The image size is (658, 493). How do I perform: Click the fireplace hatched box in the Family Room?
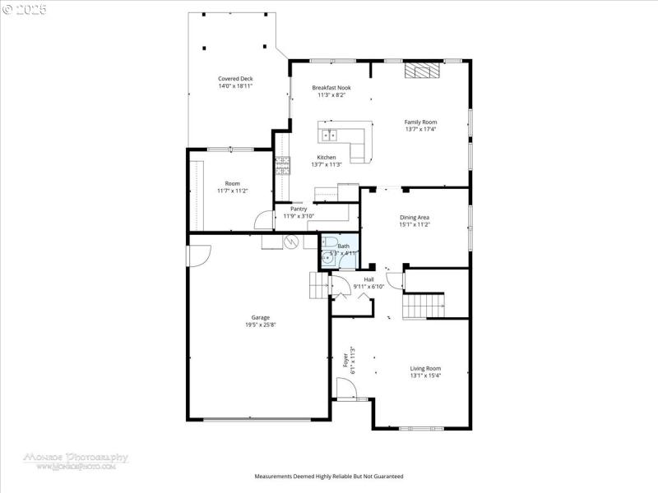point(421,71)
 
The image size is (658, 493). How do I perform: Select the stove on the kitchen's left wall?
point(283,165)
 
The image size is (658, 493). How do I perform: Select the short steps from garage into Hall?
point(318,286)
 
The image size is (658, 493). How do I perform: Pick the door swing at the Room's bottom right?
point(264,220)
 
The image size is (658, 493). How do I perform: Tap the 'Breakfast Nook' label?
point(331,87)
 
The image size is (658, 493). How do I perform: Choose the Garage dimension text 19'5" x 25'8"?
point(260,325)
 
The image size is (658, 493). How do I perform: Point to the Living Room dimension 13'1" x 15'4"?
point(426,376)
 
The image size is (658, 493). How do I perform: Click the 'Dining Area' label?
point(415,217)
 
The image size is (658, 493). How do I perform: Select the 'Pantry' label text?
point(299,209)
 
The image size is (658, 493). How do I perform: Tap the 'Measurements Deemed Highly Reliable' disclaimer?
point(328,477)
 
